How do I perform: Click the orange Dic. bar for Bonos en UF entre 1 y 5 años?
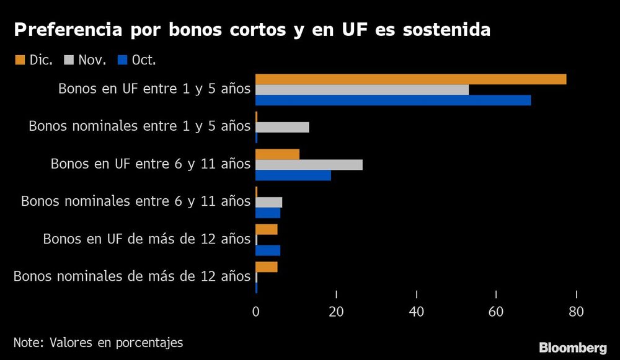(410, 79)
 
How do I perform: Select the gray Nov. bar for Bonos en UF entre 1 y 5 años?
(362, 90)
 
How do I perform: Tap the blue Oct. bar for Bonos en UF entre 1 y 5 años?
(393, 100)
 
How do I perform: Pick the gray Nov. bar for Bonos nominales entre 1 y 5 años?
(282, 127)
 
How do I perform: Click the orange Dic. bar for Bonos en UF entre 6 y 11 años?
(277, 154)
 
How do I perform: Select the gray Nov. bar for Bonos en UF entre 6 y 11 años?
(309, 165)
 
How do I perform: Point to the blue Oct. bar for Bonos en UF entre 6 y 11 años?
(293, 175)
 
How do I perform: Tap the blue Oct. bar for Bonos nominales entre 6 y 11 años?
(268, 213)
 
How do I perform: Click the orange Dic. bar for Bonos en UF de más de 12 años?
(267, 229)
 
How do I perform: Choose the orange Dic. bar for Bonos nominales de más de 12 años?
(267, 267)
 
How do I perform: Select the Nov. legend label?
(92, 60)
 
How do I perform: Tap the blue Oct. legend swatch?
(122, 60)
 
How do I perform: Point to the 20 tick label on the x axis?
(336, 313)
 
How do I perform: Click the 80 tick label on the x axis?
(577, 313)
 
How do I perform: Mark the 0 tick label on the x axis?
(256, 313)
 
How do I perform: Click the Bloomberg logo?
(572, 347)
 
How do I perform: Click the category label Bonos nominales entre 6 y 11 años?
(135, 201)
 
